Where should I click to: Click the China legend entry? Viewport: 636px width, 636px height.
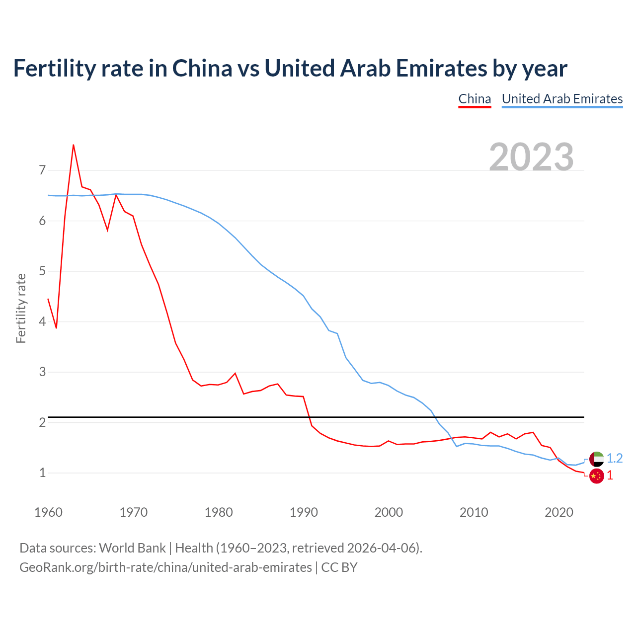click(475, 99)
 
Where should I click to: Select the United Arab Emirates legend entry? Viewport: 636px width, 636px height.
click(562, 99)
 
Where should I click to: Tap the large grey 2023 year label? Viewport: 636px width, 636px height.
click(531, 157)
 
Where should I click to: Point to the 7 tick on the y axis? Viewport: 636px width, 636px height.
click(42, 170)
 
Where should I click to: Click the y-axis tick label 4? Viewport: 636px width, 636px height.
click(42, 321)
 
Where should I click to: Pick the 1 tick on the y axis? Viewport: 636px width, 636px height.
click(42, 473)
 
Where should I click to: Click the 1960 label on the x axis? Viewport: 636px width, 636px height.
click(48, 512)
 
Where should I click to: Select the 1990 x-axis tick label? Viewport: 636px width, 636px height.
click(304, 512)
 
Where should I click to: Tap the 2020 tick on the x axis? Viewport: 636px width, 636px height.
click(559, 512)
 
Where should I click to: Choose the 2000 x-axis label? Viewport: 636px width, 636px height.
click(389, 512)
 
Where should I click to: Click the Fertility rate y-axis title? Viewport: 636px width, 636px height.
click(21, 308)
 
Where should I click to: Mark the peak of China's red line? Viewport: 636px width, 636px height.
click(74, 145)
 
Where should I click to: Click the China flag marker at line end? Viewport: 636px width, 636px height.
click(596, 476)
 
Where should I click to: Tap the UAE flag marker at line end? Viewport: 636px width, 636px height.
click(596, 459)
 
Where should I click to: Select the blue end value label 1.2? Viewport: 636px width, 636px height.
click(615, 458)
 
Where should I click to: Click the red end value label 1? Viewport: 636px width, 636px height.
click(610, 476)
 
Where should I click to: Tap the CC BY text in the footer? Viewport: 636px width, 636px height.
click(339, 567)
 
